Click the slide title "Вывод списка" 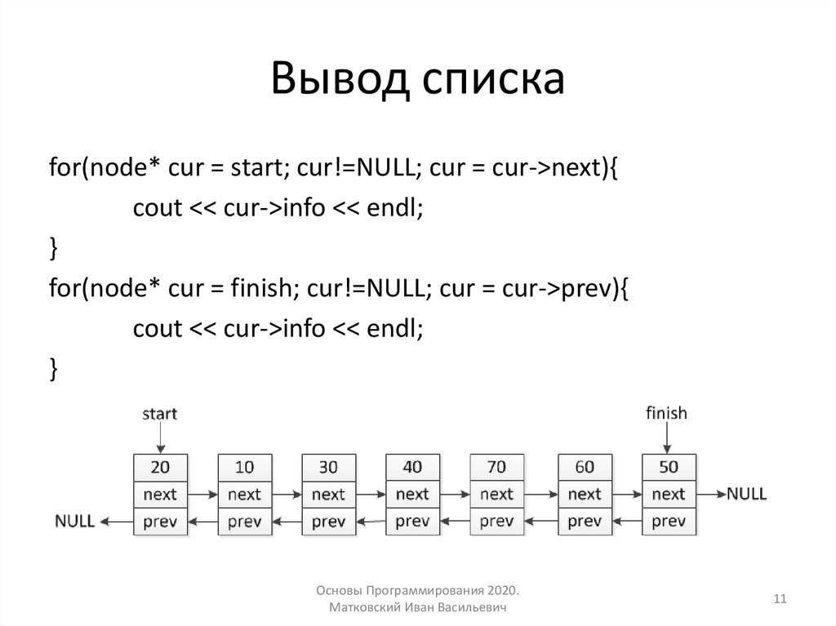pyautogui.click(x=417, y=79)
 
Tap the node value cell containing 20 pyautogui.click(x=160, y=467)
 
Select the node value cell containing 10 pyautogui.click(x=244, y=467)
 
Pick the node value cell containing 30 pyautogui.click(x=328, y=467)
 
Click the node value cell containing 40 pyautogui.click(x=412, y=467)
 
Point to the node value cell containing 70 pyautogui.click(x=496, y=467)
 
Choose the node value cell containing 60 pyautogui.click(x=585, y=467)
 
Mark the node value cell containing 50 pyautogui.click(x=669, y=467)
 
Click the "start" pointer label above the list pyautogui.click(x=159, y=414)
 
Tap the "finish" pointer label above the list pyautogui.click(x=666, y=413)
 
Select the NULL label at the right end pyautogui.click(x=746, y=494)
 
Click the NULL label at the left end pyautogui.click(x=74, y=521)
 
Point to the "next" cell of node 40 pyautogui.click(x=412, y=494)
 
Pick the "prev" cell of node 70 pyautogui.click(x=496, y=521)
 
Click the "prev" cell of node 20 pyautogui.click(x=160, y=521)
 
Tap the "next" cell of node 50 pyautogui.click(x=669, y=494)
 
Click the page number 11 pyautogui.click(x=779, y=600)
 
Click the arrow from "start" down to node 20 pyautogui.click(x=160, y=438)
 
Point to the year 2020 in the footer pyautogui.click(x=504, y=590)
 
